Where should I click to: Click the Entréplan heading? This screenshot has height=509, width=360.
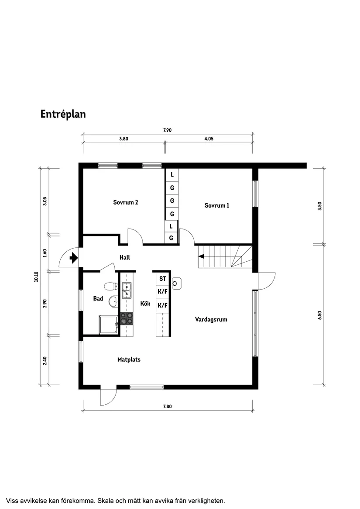point(63,114)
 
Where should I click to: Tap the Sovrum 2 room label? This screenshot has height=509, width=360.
point(126,202)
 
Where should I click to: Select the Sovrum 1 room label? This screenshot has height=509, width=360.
point(217,205)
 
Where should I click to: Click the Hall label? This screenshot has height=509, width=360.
point(125,258)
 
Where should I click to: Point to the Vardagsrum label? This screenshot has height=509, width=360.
point(211,320)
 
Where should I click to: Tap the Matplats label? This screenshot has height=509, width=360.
point(129,360)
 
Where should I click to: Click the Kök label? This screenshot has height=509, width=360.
point(145,304)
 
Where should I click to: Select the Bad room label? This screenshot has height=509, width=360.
point(98,299)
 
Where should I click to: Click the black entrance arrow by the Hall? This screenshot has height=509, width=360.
point(73,259)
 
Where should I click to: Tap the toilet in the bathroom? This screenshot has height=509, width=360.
point(111,286)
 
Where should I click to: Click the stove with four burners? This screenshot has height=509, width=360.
point(127,318)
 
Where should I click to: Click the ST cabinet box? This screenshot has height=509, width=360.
point(162,279)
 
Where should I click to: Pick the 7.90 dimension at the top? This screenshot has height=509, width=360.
point(168,130)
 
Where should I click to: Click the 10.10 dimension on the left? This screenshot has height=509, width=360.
point(36,277)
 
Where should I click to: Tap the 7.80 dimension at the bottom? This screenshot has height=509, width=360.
point(168,407)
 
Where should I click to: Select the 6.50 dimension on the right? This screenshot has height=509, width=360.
point(320,316)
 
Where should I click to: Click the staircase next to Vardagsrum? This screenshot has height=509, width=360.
point(225,257)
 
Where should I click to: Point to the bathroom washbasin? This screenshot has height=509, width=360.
point(113,301)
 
